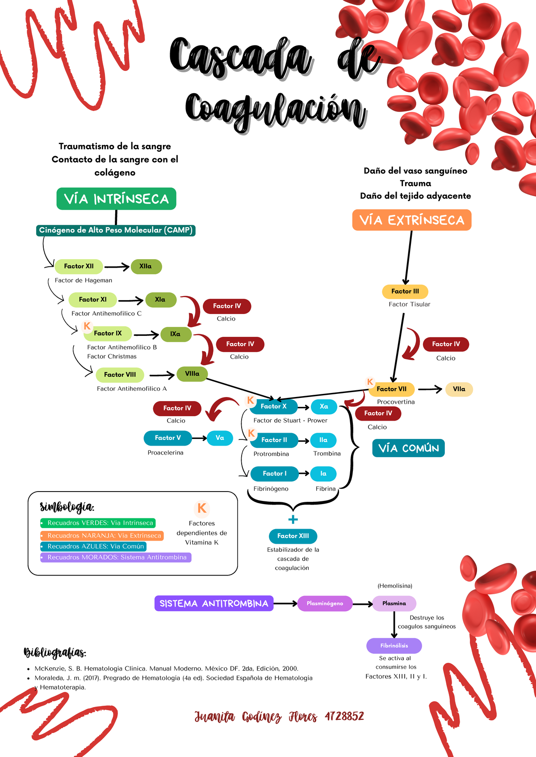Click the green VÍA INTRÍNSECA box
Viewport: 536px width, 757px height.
point(116,199)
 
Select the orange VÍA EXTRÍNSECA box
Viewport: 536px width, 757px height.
point(412,220)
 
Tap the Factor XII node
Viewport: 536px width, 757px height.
point(79,266)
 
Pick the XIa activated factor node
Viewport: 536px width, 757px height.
point(160,300)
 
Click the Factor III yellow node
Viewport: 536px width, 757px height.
point(405,291)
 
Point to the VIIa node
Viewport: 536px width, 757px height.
point(459,389)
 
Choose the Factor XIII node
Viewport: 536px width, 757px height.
point(293,536)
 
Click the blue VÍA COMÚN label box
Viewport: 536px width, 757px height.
point(408,448)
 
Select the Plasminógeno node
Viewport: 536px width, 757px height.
point(325,604)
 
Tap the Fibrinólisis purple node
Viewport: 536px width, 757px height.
point(394,645)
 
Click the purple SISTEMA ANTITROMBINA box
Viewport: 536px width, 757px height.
point(214,604)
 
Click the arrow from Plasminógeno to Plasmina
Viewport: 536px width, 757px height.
point(362,604)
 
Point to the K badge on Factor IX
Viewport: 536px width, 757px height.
point(87,326)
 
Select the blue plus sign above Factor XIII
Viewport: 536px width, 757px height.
point(293,519)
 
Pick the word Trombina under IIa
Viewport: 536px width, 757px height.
point(327,454)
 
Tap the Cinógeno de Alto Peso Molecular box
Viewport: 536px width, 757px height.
point(116,230)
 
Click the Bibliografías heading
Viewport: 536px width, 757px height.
point(54,653)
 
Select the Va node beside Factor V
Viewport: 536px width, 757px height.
point(220,438)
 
